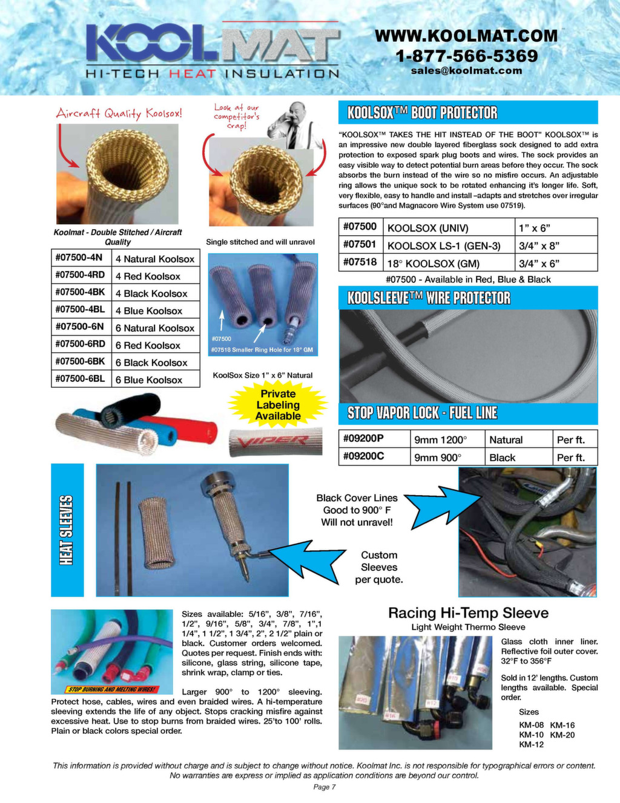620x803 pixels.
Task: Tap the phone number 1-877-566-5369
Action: click(466, 56)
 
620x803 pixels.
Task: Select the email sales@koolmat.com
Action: click(466, 71)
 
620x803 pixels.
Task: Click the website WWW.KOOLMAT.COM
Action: click(466, 36)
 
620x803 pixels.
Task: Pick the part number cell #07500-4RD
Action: click(81, 275)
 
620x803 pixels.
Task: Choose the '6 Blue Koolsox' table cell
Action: click(155, 380)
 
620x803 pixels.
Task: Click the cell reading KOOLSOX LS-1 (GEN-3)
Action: click(449, 245)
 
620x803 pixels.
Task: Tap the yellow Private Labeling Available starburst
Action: click(278, 405)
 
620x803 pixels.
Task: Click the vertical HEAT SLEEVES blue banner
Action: click(67, 530)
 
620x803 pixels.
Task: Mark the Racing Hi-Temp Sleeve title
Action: click(467, 613)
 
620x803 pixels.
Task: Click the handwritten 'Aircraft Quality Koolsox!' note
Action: click(119, 113)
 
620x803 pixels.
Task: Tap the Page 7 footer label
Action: click(325, 787)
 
